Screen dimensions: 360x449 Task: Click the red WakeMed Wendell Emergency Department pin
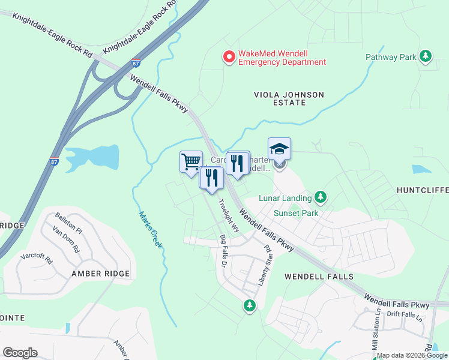click(229, 57)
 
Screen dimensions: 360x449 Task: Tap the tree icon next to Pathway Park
click(426, 56)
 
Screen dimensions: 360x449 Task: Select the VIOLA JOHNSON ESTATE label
click(289, 99)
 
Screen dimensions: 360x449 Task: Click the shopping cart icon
click(191, 161)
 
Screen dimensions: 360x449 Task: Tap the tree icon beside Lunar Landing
click(321, 197)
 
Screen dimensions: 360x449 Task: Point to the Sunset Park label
click(295, 213)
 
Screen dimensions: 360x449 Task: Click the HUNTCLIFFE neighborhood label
click(423, 190)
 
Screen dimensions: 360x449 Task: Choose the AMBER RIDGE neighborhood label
click(100, 274)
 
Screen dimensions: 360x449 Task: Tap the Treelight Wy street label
click(229, 215)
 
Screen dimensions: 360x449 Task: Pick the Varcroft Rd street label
click(37, 259)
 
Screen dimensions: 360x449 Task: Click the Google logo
click(20, 353)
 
